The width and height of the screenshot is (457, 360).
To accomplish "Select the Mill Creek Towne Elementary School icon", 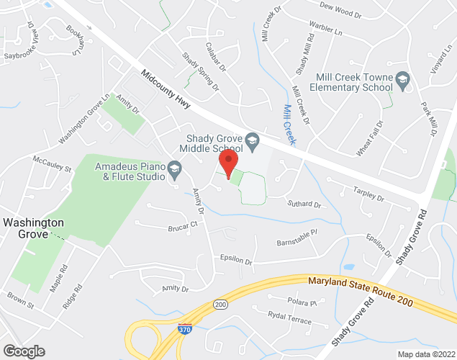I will coord(402,79).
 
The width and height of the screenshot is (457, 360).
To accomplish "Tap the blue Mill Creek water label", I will coord(290,120).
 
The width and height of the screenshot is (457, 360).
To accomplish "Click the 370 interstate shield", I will coord(185,329).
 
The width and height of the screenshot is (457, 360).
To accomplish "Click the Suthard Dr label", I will coord(303,204).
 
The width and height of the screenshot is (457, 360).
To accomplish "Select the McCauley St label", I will coord(53,163).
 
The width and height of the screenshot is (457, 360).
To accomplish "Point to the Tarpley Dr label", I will coord(369,194).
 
